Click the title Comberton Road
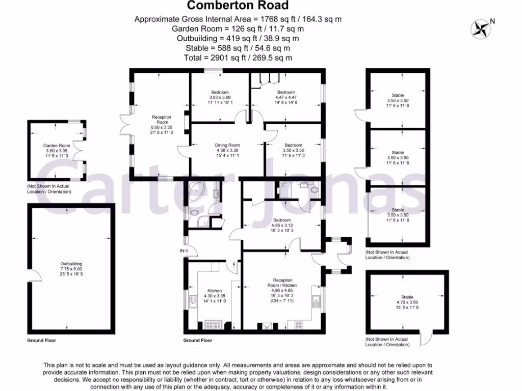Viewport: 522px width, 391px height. click(x=238, y=6)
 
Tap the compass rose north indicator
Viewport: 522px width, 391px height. click(x=481, y=29)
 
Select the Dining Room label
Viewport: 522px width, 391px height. click(x=227, y=145)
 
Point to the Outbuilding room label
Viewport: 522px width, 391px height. click(x=71, y=264)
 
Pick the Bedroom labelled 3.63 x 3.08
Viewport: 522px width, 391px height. click(x=220, y=92)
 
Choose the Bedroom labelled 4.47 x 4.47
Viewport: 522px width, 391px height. click(x=286, y=92)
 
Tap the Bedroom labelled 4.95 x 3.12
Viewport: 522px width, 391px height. click(x=282, y=220)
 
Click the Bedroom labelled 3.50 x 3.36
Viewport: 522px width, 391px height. click(x=293, y=145)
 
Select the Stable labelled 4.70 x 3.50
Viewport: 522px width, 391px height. click(x=407, y=297)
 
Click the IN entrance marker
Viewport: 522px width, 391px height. click(x=182, y=250)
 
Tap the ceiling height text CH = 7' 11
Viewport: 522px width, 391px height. click(x=283, y=301)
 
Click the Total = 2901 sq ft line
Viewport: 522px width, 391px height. click(x=238, y=58)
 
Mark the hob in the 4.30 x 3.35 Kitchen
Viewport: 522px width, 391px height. click(x=211, y=324)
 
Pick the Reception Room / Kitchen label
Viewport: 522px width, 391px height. click(x=283, y=283)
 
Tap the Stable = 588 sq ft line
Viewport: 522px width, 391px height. click(x=238, y=48)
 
